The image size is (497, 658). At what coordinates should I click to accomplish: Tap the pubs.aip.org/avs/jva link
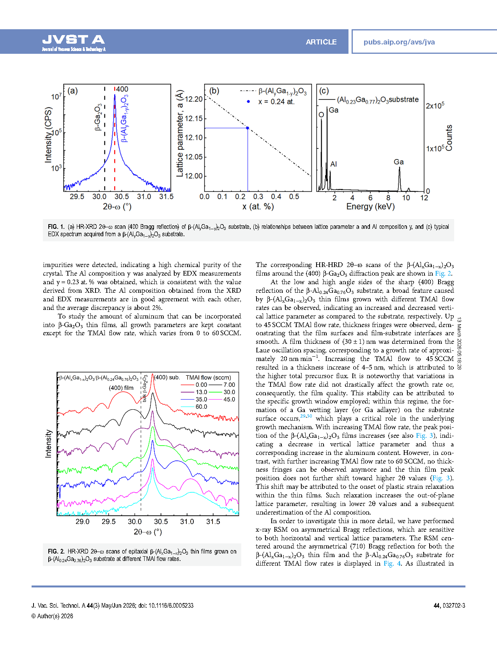click(x=399, y=42)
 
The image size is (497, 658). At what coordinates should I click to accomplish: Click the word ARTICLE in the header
click(x=321, y=42)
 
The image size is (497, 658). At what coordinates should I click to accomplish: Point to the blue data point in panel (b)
click(x=248, y=128)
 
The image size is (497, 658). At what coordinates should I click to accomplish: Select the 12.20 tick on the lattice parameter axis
click(x=194, y=99)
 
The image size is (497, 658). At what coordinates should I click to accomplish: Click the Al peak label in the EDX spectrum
click(x=333, y=164)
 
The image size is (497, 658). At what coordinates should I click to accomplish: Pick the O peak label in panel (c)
click(x=321, y=115)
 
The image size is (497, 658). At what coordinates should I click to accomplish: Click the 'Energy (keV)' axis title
click(x=370, y=207)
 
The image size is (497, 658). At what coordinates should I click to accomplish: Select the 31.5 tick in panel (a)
click(x=166, y=197)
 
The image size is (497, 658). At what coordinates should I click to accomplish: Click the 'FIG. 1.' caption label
click(x=56, y=227)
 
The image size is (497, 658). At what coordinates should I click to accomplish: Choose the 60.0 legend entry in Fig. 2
click(x=201, y=407)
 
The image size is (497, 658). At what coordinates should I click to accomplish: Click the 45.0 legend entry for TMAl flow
click(x=229, y=399)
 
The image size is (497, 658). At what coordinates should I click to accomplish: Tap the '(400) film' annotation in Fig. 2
click(x=121, y=388)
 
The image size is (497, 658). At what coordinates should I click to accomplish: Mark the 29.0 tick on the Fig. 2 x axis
click(x=82, y=522)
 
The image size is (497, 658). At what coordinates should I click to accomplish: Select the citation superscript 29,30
click(x=306, y=416)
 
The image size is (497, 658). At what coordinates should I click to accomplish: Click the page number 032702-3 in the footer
click(x=454, y=606)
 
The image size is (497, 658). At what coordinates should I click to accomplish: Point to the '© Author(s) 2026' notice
click(x=52, y=616)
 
